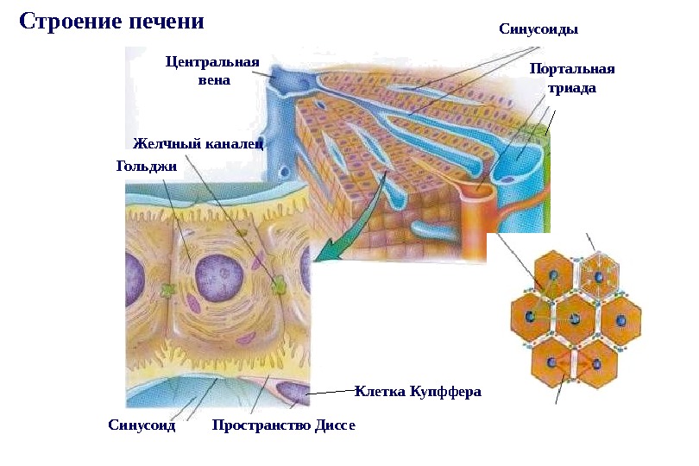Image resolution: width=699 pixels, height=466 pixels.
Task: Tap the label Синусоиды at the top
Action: pos(538,28)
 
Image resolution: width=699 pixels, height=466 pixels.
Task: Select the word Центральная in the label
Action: pos(212,62)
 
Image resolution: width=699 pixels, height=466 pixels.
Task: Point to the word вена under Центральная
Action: pos(214,80)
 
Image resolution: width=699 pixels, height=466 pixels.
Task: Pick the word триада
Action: pos(572,88)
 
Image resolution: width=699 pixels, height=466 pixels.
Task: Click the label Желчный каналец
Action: pos(198,142)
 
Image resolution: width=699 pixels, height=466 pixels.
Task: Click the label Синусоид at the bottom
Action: pos(142,425)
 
